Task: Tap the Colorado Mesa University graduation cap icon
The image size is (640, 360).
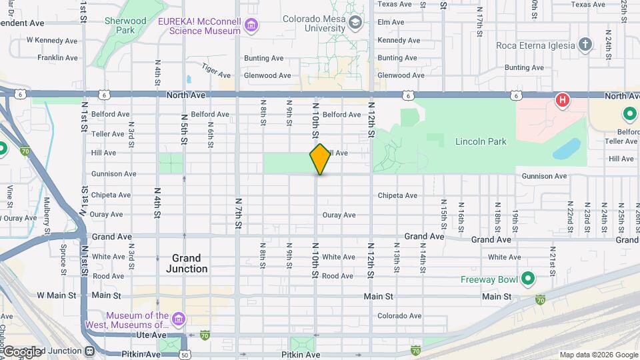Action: click(x=356, y=24)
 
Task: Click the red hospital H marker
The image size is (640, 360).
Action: click(x=563, y=101)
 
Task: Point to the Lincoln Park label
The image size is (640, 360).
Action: click(x=481, y=141)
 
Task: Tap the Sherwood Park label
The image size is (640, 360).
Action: click(x=125, y=25)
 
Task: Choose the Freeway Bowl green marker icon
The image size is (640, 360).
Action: click(x=528, y=278)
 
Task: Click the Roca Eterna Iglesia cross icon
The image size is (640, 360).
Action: click(x=585, y=45)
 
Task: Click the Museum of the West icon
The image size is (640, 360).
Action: click(x=179, y=320)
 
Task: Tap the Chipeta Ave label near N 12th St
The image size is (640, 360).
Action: click(x=397, y=195)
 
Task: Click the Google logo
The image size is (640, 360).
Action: click(x=21, y=351)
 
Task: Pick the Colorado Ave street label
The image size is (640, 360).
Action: click(x=399, y=316)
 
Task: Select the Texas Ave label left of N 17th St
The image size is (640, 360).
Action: click(x=395, y=4)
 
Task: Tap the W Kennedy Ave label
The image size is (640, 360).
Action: click(x=53, y=40)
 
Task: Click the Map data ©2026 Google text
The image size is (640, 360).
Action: click(x=598, y=355)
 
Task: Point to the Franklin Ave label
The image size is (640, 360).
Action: click(x=58, y=58)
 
